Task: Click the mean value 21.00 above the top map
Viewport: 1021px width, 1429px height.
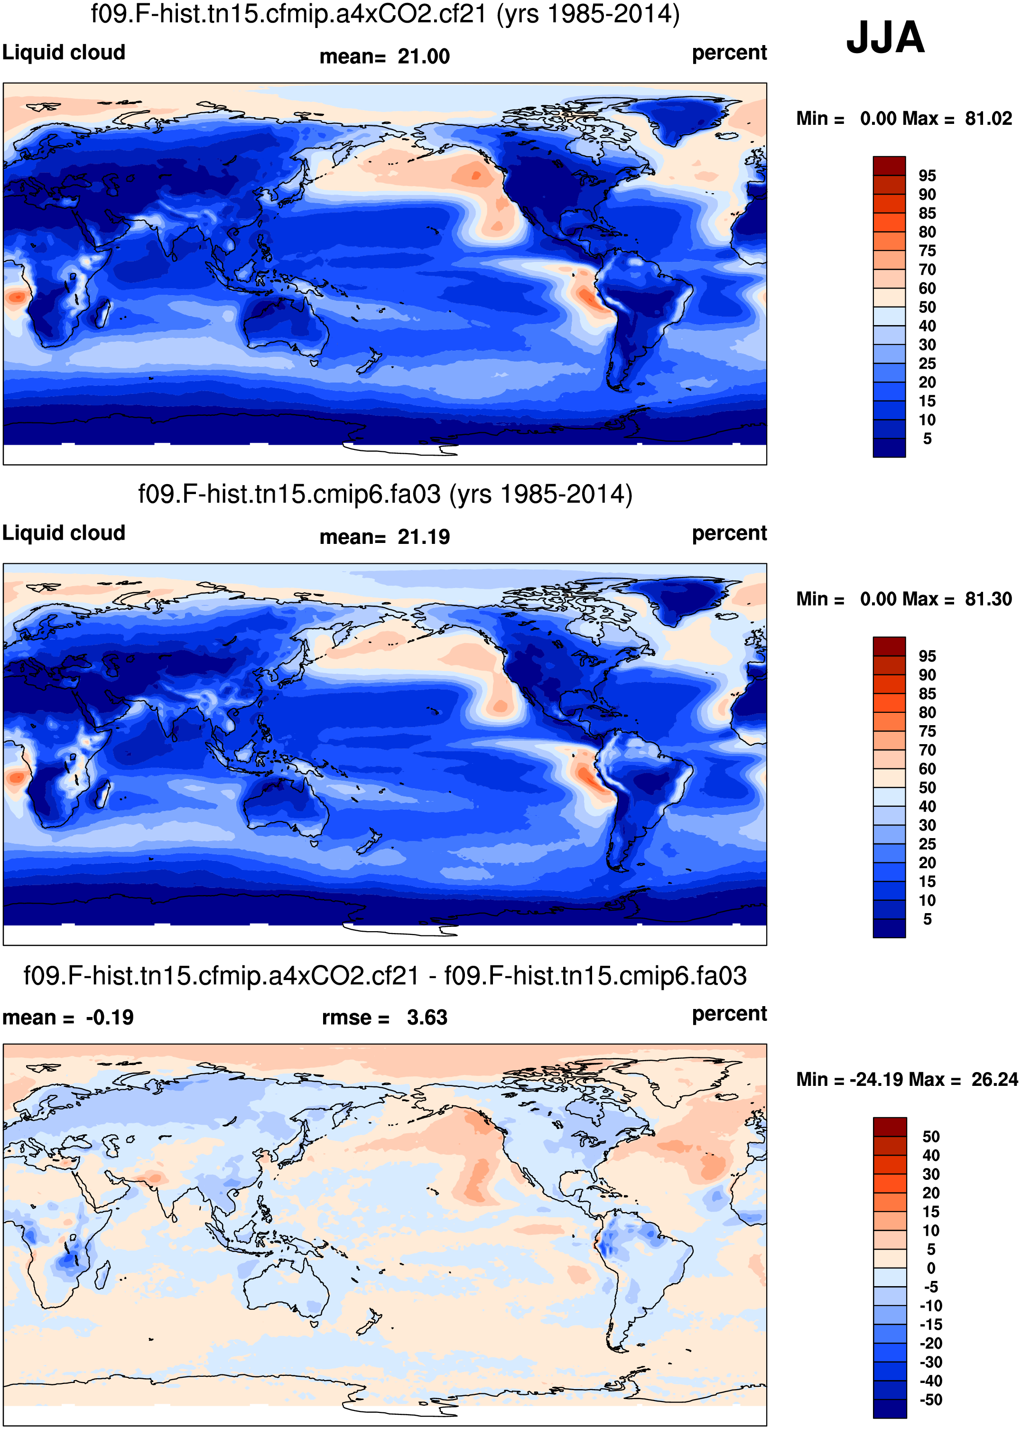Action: (x=423, y=56)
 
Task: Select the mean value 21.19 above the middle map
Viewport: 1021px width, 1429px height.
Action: (x=423, y=537)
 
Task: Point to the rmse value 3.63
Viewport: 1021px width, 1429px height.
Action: (x=427, y=1018)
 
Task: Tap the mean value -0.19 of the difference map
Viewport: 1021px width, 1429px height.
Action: (x=110, y=1018)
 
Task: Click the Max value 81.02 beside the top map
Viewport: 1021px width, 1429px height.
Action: (x=988, y=118)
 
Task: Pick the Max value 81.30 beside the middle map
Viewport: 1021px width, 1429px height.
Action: (x=988, y=599)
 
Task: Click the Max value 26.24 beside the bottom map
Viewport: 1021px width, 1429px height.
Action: (x=994, y=1079)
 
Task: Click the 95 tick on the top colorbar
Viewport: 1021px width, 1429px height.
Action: (x=927, y=176)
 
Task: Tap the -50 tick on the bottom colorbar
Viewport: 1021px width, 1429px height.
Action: (x=930, y=1400)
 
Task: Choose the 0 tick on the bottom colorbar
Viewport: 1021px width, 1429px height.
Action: (x=930, y=1268)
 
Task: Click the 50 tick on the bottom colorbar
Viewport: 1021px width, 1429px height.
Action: (x=930, y=1137)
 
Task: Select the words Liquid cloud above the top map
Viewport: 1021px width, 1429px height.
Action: (x=64, y=52)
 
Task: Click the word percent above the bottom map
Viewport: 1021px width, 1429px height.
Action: (x=729, y=1013)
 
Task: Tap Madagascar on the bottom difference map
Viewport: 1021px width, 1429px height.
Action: (x=100, y=1277)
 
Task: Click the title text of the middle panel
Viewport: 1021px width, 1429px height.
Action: (x=385, y=495)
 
